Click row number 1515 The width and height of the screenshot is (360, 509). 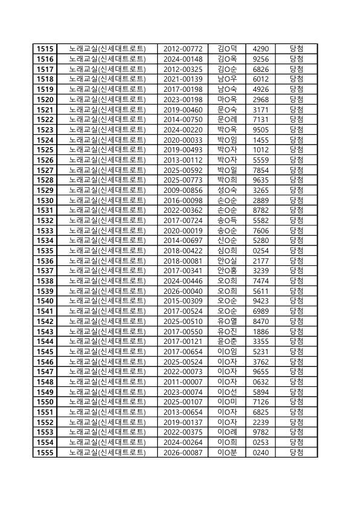tap(45, 48)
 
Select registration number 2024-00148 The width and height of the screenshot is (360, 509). tap(183, 59)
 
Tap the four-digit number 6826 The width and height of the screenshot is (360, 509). tap(261, 69)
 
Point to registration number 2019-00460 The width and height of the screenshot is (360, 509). tap(183, 109)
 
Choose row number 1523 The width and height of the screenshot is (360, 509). tap(45, 129)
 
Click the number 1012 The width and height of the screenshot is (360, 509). tap(261, 149)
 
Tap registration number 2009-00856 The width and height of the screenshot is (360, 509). tap(183, 190)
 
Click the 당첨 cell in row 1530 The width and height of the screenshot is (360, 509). tap(296, 200)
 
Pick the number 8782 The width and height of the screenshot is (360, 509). tap(261, 210)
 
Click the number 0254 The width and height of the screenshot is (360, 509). tap(261, 250)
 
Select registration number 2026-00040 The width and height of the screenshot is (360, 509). tap(183, 291)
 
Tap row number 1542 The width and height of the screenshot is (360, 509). tap(45, 321)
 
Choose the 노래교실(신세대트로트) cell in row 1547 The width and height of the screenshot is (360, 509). tap(107, 372)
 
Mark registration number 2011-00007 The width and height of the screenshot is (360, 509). tap(183, 381)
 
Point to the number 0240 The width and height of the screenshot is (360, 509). tap(261, 452)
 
